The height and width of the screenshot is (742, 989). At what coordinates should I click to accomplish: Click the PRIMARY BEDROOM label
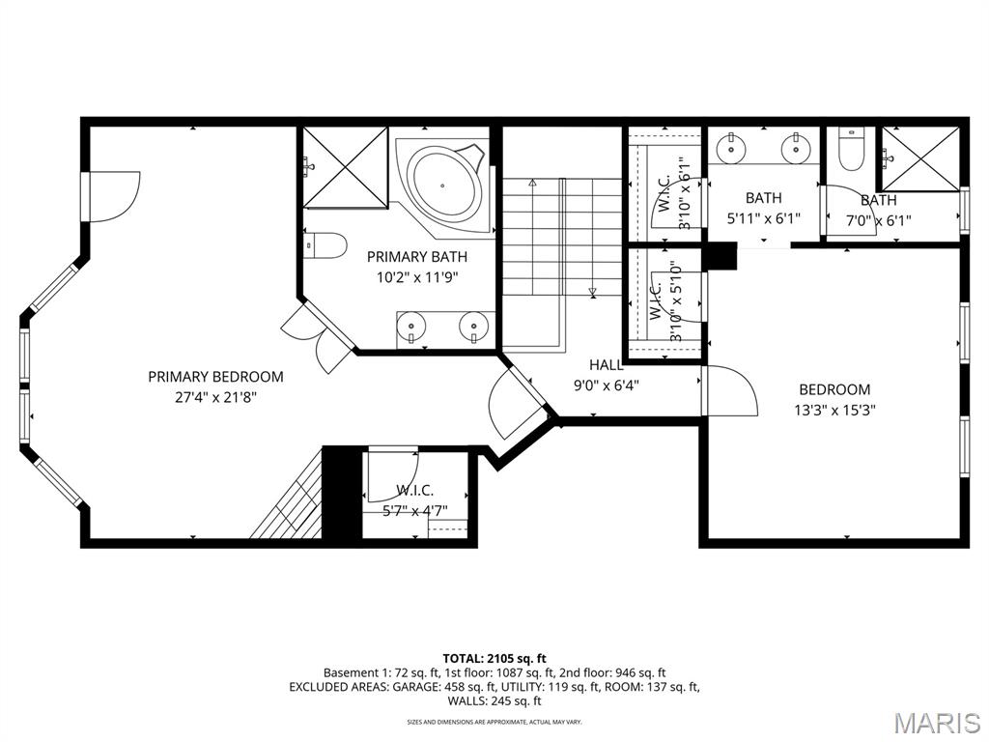tap(215, 377)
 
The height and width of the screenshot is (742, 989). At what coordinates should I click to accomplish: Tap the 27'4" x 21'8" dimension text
tap(215, 397)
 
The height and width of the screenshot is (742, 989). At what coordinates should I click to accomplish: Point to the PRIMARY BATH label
tap(417, 257)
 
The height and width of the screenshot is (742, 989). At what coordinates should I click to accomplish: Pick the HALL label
tap(607, 364)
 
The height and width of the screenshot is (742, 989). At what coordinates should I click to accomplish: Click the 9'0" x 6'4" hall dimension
tap(607, 385)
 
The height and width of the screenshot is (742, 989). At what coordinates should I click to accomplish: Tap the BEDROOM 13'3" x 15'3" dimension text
tap(834, 410)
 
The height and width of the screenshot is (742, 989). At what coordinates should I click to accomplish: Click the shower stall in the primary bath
tap(345, 167)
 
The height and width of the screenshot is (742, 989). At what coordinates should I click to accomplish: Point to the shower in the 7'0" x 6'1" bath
tap(920, 159)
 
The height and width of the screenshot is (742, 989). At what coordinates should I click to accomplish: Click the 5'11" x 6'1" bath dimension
tap(763, 219)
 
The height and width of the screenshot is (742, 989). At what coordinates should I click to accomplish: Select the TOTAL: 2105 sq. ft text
tap(494, 659)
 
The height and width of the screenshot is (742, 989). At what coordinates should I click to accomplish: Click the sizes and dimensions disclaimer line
tap(494, 722)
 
